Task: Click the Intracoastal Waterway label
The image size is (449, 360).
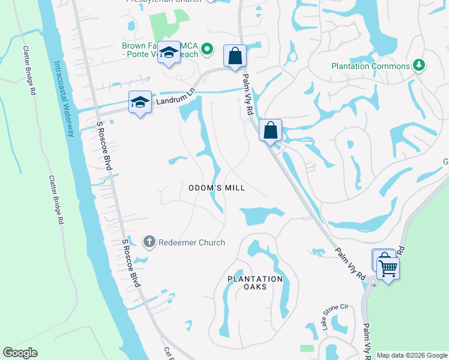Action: point(62,98)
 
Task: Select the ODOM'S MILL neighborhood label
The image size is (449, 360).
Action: point(217,188)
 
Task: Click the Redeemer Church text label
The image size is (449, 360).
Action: point(191,242)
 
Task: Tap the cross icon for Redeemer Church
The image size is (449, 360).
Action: point(149,242)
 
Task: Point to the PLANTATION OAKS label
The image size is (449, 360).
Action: point(255,283)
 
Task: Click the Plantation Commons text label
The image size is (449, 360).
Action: point(370,66)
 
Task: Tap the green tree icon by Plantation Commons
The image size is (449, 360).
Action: point(419,65)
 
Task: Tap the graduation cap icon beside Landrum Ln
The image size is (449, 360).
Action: point(140,102)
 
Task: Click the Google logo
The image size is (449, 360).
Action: point(20,353)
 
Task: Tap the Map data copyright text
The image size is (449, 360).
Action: point(412,355)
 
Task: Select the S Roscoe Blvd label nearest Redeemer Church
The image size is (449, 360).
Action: point(131,263)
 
